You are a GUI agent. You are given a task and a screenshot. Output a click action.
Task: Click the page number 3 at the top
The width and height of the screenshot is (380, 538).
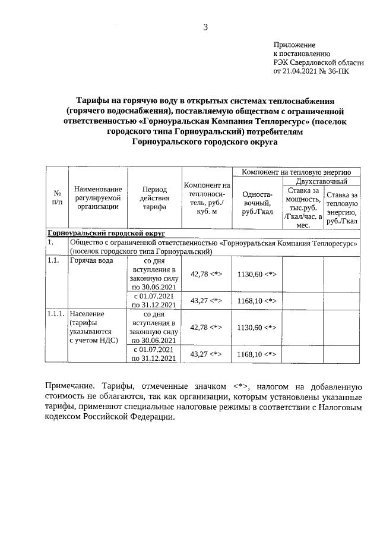[205, 26]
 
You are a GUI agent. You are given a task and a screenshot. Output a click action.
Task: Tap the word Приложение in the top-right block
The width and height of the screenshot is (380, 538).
[294, 45]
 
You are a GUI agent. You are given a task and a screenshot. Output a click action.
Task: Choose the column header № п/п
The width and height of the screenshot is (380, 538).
[57, 198]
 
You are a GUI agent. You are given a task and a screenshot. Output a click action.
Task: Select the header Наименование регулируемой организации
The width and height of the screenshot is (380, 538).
[98, 198]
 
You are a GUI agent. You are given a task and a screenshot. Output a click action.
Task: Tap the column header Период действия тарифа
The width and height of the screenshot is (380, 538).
[154, 198]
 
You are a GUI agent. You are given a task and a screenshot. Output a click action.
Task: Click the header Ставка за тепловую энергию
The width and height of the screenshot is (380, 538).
[342, 207]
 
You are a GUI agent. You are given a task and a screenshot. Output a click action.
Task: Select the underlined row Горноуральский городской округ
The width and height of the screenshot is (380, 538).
[106, 233]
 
